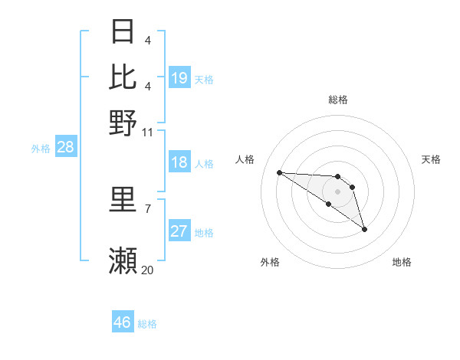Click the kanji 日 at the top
(x=123, y=32)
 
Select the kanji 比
(x=123, y=77)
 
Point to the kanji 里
(x=123, y=199)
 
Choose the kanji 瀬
(x=123, y=260)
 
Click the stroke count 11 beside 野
(x=148, y=132)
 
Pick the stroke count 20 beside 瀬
(x=148, y=270)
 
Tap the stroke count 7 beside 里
(x=147, y=208)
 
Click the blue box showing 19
(x=179, y=78)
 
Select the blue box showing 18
(x=179, y=162)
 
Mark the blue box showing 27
(x=179, y=231)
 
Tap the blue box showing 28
(x=65, y=148)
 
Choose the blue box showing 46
(x=122, y=322)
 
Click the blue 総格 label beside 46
(x=147, y=324)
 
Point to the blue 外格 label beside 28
(x=41, y=149)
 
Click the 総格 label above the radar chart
(x=337, y=100)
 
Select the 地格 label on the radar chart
(x=402, y=263)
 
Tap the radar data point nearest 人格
(x=279, y=172)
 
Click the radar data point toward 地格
(x=364, y=229)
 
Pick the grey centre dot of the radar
(x=337, y=191)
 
